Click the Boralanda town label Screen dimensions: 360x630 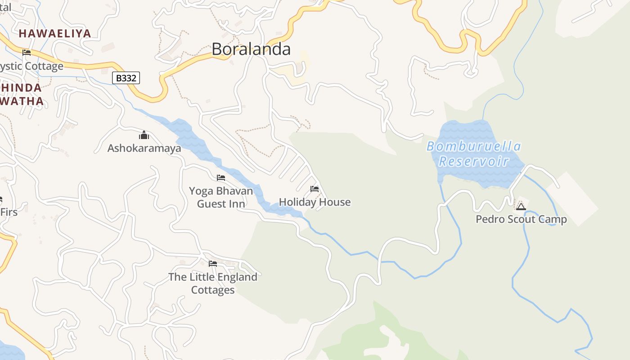[x=251, y=49]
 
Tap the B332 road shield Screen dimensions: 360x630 [x=126, y=78]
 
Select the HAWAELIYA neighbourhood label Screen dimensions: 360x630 [x=55, y=33]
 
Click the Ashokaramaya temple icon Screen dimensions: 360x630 [x=144, y=135]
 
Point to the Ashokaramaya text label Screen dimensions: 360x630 [x=144, y=148]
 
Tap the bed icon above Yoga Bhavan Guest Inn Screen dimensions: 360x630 [x=221, y=178]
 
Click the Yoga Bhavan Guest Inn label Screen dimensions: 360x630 [x=221, y=197]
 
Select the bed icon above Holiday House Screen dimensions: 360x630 [x=315, y=189]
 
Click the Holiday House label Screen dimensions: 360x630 [x=315, y=202]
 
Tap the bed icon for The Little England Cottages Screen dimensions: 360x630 [x=213, y=264]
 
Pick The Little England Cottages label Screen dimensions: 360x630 [x=213, y=283]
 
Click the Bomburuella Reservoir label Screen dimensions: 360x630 [x=474, y=153]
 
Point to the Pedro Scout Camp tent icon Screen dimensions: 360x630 [x=521, y=207]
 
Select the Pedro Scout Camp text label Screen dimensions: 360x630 [x=521, y=220]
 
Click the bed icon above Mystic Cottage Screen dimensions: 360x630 [x=27, y=52]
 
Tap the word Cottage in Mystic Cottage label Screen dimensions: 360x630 [x=44, y=66]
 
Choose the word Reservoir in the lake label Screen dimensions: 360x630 [x=474, y=161]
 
